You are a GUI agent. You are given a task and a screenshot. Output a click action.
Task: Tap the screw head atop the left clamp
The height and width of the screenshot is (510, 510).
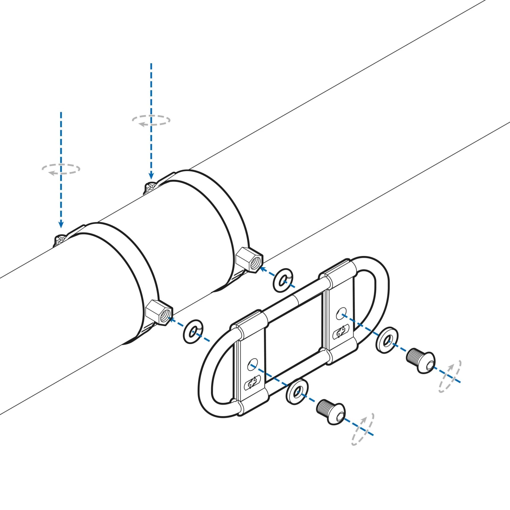click(60, 240)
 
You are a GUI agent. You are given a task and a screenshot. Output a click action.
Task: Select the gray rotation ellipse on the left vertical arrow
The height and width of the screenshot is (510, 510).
click(61, 169)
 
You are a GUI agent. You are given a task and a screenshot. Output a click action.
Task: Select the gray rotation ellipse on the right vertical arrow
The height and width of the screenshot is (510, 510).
click(151, 120)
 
